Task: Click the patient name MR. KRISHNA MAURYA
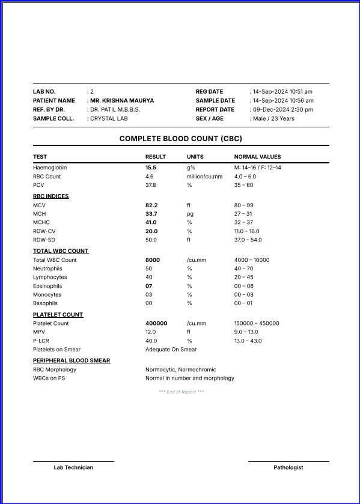click(121, 100)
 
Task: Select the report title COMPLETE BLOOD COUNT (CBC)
click(180, 139)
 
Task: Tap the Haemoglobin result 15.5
click(151, 168)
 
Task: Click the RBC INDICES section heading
click(50, 196)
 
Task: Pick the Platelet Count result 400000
click(156, 323)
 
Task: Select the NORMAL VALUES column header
click(257, 157)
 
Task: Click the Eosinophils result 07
click(149, 286)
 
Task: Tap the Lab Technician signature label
click(73, 467)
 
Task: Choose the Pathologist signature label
click(288, 467)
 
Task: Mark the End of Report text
click(181, 392)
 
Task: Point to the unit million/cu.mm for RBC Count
click(204, 177)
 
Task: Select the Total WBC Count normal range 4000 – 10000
click(252, 260)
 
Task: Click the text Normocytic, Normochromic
click(180, 369)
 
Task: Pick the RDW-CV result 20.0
click(151, 231)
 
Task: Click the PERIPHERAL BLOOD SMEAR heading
click(72, 360)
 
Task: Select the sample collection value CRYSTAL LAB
click(109, 119)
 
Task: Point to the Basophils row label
click(45, 303)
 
